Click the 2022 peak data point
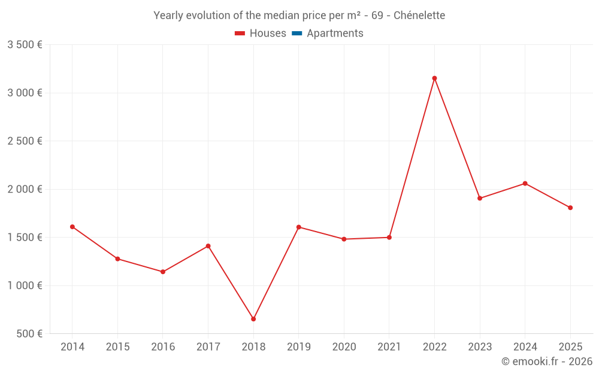tap(434, 78)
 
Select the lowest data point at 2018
tap(253, 319)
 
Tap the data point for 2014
tap(72, 227)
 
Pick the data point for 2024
tap(525, 183)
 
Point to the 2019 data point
tap(298, 227)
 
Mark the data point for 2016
tap(163, 272)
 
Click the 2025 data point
tap(570, 208)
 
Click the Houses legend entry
tap(261, 34)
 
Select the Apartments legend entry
tap(334, 34)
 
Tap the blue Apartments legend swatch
tap(297, 34)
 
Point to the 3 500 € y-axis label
tap(25, 45)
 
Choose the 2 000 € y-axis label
tap(25, 189)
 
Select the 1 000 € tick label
tap(25, 285)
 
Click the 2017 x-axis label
tap(208, 347)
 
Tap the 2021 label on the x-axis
tap(389, 347)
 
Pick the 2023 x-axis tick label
tap(479, 347)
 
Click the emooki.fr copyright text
tap(546, 361)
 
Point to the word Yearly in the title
tap(168, 16)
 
